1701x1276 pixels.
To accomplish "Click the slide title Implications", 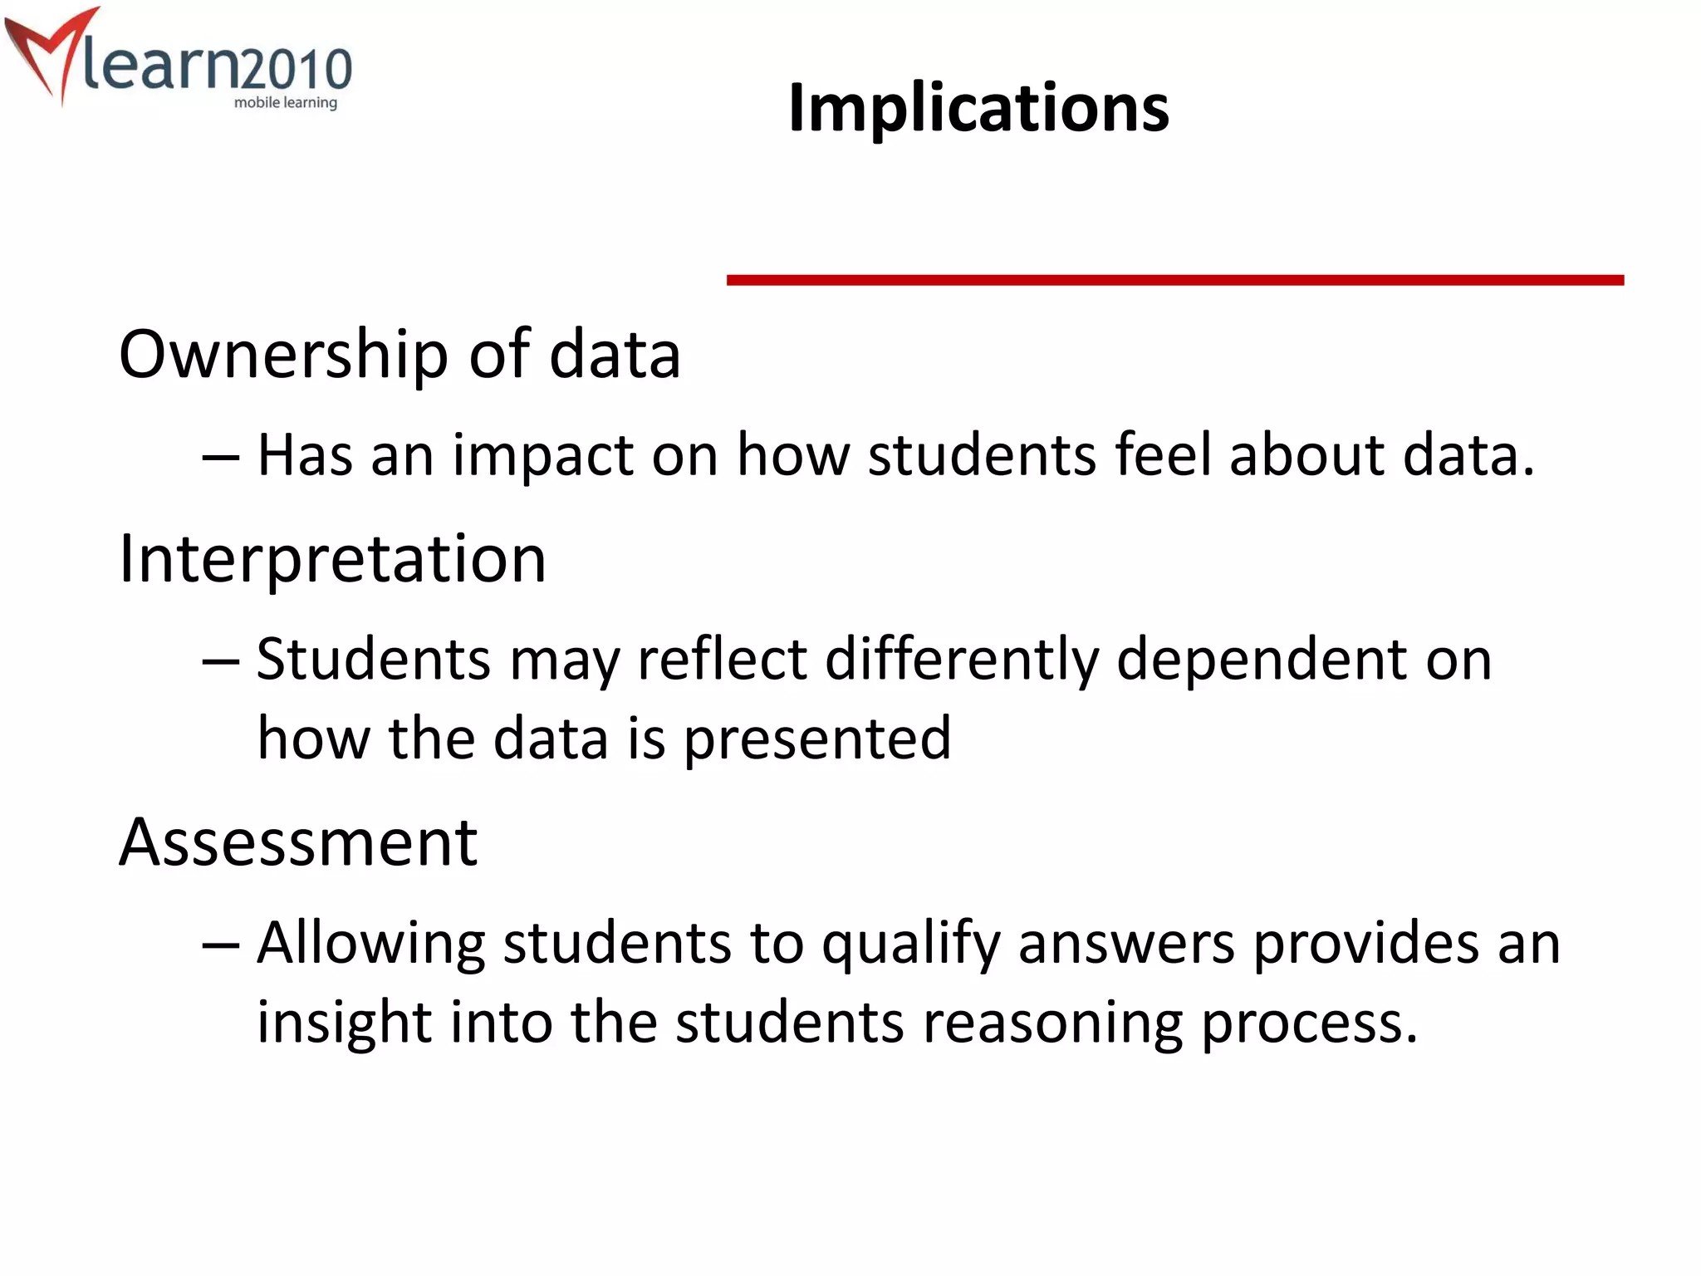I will [978, 108].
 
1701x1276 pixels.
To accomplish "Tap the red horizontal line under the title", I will [1174, 281].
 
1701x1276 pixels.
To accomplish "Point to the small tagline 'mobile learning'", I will [286, 103].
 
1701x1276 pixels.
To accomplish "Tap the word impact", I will [542, 456].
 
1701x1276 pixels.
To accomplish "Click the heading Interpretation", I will [332, 558].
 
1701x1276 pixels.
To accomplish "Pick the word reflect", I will [722, 660].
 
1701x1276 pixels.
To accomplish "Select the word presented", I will [816, 739].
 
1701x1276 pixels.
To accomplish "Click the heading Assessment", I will [298, 842].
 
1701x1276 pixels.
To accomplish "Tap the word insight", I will [343, 1023].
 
